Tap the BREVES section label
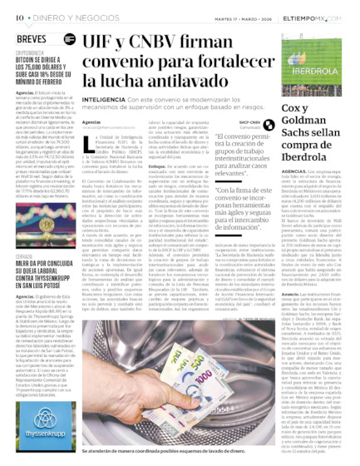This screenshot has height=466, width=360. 30,37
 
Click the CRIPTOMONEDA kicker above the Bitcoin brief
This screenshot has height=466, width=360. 30,53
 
